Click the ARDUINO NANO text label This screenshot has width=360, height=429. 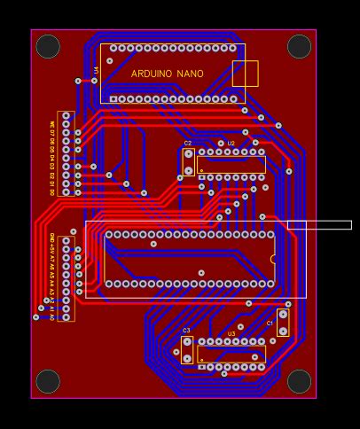pos(167,74)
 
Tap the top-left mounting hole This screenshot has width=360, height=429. pos(48,46)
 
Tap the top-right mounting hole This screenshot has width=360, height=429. pos(299,46)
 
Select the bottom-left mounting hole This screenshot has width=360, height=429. pos(48,381)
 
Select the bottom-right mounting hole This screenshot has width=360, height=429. pos(299,381)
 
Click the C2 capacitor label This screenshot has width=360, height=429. pos(188,143)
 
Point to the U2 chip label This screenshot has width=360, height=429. pos(231,143)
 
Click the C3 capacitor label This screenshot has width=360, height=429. pos(186,331)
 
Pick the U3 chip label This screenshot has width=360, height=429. pos(231,334)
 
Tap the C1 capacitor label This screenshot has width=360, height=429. pos(270,324)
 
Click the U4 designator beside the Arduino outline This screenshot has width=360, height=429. pos(97,69)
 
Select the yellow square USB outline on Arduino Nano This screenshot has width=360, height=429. pos(245,74)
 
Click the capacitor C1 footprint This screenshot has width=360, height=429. pos(283,322)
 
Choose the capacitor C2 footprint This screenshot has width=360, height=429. pos(189,162)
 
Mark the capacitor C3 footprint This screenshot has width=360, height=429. pos(187,349)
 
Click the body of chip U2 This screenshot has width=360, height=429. pos(231,165)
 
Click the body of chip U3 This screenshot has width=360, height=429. pos(231,354)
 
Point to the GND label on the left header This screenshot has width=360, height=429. pos(52,238)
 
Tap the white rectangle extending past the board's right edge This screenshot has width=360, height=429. pos(319,225)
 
